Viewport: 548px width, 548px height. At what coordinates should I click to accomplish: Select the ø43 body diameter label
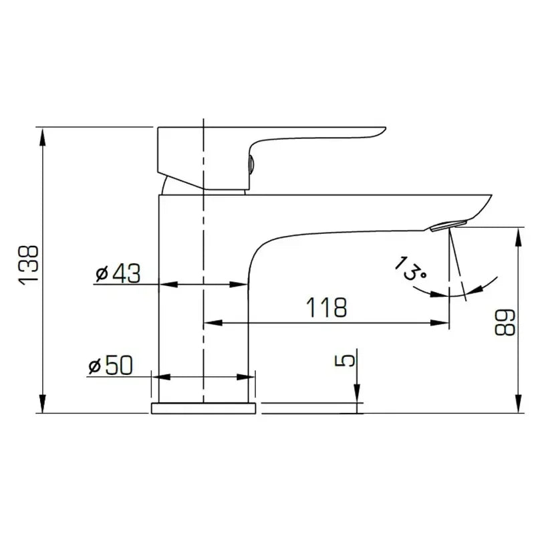(118, 273)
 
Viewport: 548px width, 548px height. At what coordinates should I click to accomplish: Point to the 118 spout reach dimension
(327, 308)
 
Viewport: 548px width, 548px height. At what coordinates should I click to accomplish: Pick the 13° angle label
(408, 268)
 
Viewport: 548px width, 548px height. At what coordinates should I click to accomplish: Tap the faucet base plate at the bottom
(204, 408)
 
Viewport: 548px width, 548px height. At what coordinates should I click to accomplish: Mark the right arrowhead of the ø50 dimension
(249, 377)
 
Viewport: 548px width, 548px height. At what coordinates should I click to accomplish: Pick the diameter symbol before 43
(102, 274)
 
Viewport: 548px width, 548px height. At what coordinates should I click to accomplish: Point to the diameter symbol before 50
(95, 366)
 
